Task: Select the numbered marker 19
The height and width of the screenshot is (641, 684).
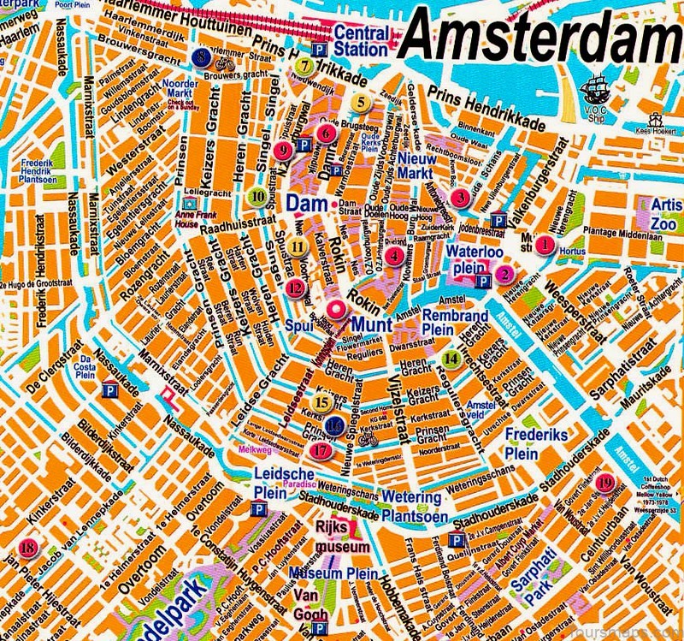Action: click(605, 483)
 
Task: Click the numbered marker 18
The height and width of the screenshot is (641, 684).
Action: click(29, 548)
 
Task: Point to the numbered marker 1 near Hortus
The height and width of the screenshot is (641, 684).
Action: click(543, 244)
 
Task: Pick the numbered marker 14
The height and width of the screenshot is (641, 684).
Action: click(451, 359)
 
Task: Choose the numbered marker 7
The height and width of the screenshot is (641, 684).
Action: click(303, 64)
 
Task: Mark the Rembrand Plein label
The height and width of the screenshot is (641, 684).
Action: click(455, 323)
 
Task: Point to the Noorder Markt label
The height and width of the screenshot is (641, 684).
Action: click(181, 90)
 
